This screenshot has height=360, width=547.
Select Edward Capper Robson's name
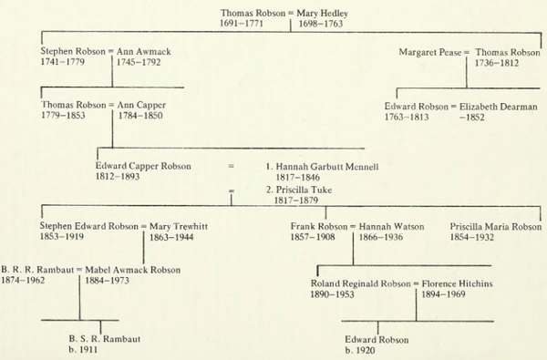143,166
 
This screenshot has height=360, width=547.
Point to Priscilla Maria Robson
495,225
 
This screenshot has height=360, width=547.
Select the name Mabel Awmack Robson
132,270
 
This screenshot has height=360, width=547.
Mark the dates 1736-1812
500,64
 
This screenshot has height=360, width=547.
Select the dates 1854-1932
473,236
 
